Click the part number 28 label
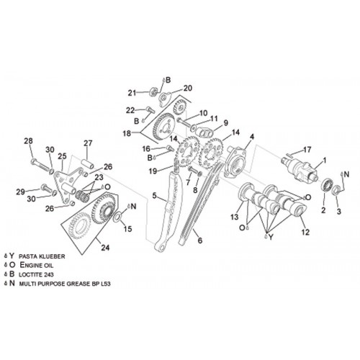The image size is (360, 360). pyautogui.click(x=28, y=141)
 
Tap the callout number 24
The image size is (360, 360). pyautogui.click(x=105, y=248)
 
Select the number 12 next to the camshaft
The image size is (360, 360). pyautogui.click(x=305, y=232)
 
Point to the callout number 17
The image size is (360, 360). pyautogui.click(x=307, y=150)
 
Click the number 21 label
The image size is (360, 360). pyautogui.click(x=132, y=93)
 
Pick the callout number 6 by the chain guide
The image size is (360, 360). pyautogui.click(x=200, y=240)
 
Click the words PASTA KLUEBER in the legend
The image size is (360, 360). pyautogui.click(x=42, y=256)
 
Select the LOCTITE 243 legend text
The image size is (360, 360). pyautogui.click(x=36, y=274)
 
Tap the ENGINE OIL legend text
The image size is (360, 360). pyautogui.click(x=37, y=265)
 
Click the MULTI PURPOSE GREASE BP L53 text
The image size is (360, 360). pyautogui.click(x=65, y=284)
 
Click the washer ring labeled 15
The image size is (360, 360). pyautogui.click(x=117, y=216)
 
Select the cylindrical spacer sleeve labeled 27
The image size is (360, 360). pyautogui.click(x=88, y=163)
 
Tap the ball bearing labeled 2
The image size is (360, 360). pyautogui.click(x=327, y=185)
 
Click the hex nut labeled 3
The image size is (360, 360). pyautogui.click(x=336, y=189)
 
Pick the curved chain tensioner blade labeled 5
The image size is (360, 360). pyautogui.click(x=168, y=211)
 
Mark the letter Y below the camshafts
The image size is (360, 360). pyautogui.click(x=271, y=238)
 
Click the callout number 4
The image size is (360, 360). pyautogui.click(x=251, y=137)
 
